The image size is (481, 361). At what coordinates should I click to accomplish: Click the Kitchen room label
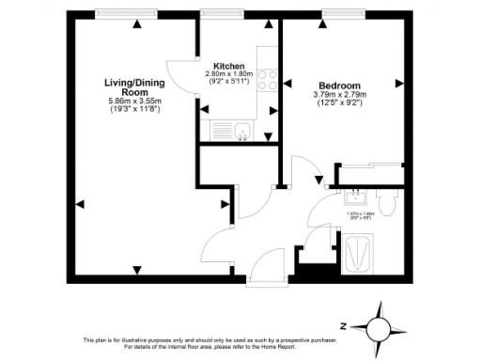(x=230, y=66)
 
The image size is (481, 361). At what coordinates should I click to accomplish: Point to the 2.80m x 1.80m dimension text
(x=230, y=74)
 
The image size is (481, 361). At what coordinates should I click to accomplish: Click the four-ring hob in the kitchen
(x=267, y=79)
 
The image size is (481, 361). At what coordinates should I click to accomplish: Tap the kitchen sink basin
(x=240, y=131)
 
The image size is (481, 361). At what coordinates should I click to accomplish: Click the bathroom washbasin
(x=357, y=198)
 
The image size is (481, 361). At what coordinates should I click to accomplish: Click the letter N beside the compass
(x=345, y=325)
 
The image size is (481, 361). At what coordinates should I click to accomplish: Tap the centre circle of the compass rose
(x=379, y=327)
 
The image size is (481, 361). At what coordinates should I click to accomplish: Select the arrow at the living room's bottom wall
(x=138, y=270)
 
